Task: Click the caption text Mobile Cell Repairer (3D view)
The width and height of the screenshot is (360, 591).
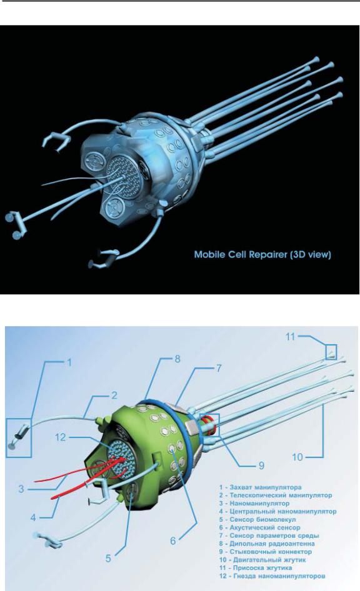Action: click(262, 254)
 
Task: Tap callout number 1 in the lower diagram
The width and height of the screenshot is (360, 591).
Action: click(69, 362)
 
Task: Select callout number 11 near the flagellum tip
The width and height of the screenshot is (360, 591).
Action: click(290, 336)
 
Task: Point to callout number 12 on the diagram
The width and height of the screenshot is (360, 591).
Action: click(61, 437)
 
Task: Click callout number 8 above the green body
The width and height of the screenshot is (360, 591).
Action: click(177, 359)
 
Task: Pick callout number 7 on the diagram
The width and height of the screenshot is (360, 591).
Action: click(219, 368)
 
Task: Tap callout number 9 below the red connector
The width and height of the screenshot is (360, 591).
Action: click(261, 465)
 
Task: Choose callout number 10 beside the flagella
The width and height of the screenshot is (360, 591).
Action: click(297, 457)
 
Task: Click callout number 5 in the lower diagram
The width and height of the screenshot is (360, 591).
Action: click(108, 559)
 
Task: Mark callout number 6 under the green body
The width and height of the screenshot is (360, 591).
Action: click(173, 541)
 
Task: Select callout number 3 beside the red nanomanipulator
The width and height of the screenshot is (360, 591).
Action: click(21, 489)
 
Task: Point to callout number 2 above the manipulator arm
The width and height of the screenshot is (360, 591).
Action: click(114, 395)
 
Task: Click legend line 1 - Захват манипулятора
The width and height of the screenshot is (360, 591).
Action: click(260, 487)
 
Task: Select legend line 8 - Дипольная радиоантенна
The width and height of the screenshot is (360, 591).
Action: click(267, 544)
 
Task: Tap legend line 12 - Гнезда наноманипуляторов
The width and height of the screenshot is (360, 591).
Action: click(272, 576)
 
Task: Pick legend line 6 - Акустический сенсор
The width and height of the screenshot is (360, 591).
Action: click(260, 528)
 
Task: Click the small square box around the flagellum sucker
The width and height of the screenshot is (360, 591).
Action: click(331, 352)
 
